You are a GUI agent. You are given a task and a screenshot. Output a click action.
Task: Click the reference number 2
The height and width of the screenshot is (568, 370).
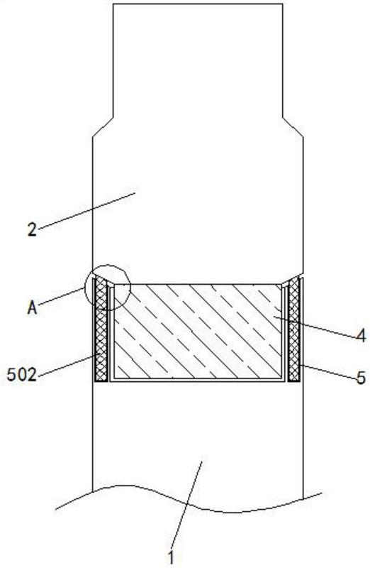[32, 230]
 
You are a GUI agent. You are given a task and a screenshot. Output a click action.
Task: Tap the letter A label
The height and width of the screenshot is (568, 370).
[32, 308]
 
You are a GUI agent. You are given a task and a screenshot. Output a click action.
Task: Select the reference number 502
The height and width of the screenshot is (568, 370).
[22, 376]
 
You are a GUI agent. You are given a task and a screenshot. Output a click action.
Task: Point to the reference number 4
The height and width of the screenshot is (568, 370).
[360, 337]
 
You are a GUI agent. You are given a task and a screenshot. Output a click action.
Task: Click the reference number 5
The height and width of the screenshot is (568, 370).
[361, 378]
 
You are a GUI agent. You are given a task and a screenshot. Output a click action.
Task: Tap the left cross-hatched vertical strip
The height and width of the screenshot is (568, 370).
[101, 329]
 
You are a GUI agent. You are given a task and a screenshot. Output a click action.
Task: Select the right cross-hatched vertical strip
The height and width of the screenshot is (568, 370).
[293, 329]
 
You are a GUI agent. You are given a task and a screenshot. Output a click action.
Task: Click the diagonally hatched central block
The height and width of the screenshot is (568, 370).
[198, 332]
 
